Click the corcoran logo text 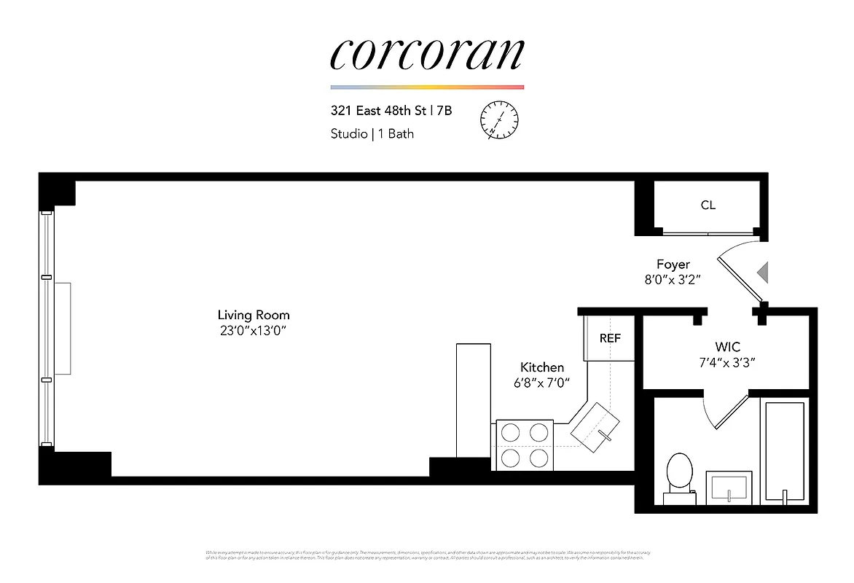[x=427, y=54]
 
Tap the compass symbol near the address [x=499, y=120]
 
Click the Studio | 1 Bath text [x=372, y=134]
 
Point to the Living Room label [x=254, y=315]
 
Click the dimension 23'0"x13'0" [x=254, y=331]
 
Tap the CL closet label [x=708, y=205]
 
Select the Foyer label [x=672, y=264]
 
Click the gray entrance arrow [x=763, y=273]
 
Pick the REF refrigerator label [x=610, y=338]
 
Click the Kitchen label [x=541, y=367]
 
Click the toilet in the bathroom [x=680, y=477]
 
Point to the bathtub [x=785, y=452]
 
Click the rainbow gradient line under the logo [x=427, y=87]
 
